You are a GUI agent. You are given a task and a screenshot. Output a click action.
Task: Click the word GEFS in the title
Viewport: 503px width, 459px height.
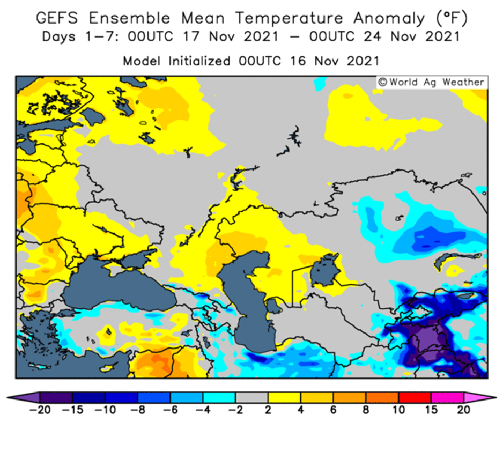[x=57, y=18]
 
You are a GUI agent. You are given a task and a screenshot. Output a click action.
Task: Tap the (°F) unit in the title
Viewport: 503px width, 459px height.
[x=452, y=18]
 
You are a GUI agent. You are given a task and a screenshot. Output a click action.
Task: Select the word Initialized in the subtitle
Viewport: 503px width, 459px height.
[x=199, y=61]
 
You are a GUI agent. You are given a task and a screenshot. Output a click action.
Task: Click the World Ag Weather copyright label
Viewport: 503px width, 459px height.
[x=432, y=82]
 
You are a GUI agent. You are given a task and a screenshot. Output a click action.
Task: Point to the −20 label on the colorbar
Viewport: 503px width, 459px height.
[x=40, y=410]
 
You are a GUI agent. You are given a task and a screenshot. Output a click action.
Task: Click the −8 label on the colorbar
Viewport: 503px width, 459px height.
[x=138, y=410]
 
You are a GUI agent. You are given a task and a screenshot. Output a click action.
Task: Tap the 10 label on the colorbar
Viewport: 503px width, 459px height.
[x=398, y=410]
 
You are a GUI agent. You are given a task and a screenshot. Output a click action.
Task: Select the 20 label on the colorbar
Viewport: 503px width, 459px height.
[x=463, y=410]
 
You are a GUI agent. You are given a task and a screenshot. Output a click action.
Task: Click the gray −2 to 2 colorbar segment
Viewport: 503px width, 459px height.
[x=252, y=397]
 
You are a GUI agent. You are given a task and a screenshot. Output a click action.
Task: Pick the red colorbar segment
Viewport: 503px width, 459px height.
[x=414, y=397]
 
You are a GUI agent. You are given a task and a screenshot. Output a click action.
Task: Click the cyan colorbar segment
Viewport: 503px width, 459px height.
[x=219, y=397]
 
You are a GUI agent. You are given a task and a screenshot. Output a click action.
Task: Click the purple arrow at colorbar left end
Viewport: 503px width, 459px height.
[x=24, y=397]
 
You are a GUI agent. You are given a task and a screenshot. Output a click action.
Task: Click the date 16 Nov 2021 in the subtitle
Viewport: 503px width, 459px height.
[x=334, y=61]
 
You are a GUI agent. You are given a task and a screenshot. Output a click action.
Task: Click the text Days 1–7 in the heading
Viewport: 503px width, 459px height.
[x=80, y=36]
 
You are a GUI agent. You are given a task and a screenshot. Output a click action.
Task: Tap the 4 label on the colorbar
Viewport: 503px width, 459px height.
[x=301, y=410]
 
